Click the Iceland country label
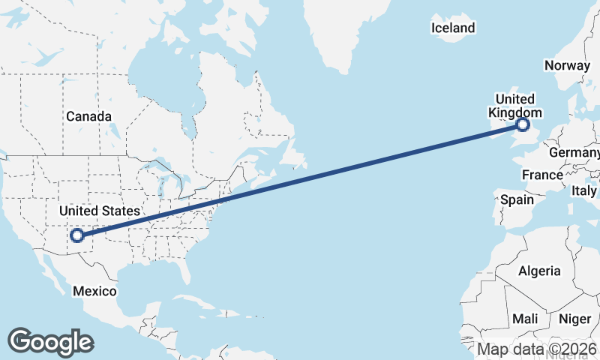pos(453,28)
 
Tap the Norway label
pos(568,65)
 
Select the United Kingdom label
pos(514,106)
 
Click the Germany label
pos(575,152)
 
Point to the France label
pos(542,175)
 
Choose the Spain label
pos(517,199)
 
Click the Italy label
pos(584,191)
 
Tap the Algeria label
pos(539,270)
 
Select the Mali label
pos(525,319)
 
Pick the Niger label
pos(575,319)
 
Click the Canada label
pos(88,116)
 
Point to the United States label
pos(100,211)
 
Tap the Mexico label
pos(94,291)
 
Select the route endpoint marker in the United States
pos(76,235)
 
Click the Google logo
pos(50,341)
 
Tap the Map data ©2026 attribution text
pos(538,349)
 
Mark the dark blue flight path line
pos(300,180)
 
